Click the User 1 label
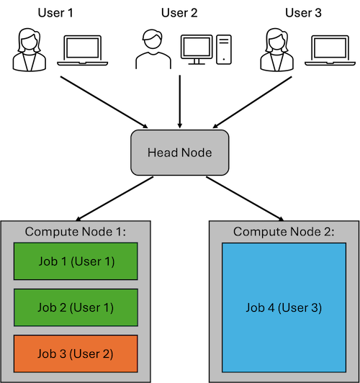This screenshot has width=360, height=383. click(55, 13)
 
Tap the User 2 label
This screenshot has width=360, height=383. click(179, 13)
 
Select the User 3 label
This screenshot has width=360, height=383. click(303, 13)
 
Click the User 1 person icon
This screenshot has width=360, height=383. click(30, 50)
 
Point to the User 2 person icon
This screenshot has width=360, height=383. click(153, 50)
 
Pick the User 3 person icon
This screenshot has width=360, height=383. click(276, 50)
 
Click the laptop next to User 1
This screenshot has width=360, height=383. click(83, 50)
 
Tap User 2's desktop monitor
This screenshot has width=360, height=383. click(197, 50)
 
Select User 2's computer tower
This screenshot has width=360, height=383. click(224, 50)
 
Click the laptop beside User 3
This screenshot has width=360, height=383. click(330, 50)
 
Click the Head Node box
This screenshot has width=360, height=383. click(180, 153)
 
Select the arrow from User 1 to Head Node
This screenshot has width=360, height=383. click(104, 102)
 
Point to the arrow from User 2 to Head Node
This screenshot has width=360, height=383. click(180, 102)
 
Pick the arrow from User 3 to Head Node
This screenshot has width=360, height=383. click(252, 102)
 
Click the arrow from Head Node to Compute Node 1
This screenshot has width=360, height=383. click(114, 199)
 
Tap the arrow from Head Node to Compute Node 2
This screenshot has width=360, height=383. click(245, 199)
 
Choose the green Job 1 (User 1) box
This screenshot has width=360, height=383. click(76, 261)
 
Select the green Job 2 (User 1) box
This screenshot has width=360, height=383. click(76, 307)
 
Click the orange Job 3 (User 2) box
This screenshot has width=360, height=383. click(76, 353)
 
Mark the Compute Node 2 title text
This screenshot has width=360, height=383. click(284, 232)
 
